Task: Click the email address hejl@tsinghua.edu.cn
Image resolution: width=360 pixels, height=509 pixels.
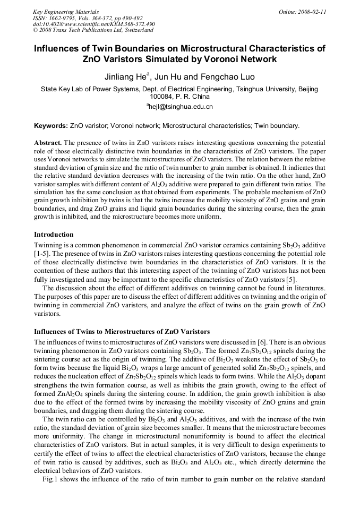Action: coord(181,107)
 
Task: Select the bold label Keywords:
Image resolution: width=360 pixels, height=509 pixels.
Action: coord(50,126)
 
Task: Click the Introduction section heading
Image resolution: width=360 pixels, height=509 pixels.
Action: coord(54,234)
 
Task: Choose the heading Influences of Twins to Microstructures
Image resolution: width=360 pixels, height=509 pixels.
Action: coord(122,332)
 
